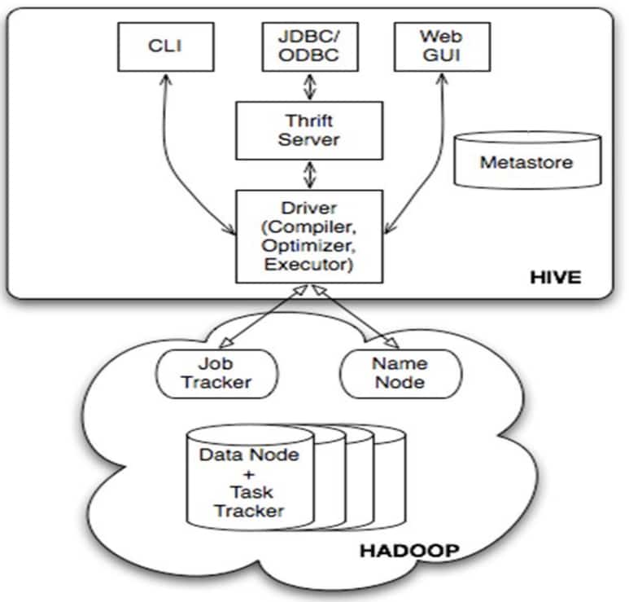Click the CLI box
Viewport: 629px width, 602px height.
(x=166, y=47)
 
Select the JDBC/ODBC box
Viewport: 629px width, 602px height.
(x=310, y=47)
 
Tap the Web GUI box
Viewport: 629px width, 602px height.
(x=442, y=47)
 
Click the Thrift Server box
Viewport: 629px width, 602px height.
(x=309, y=130)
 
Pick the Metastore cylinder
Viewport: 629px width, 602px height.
(x=527, y=160)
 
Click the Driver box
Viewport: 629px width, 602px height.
(x=309, y=236)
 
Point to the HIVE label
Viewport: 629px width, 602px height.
(x=556, y=278)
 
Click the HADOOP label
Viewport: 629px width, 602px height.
(x=409, y=551)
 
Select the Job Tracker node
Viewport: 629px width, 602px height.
(x=216, y=374)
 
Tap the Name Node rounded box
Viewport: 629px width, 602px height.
(x=400, y=374)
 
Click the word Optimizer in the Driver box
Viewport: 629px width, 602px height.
(x=308, y=245)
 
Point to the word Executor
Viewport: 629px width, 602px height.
(x=308, y=265)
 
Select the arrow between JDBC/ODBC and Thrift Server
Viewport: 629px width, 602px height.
(x=310, y=86)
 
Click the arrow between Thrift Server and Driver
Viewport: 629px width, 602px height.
(x=310, y=175)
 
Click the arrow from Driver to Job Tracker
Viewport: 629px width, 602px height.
(x=264, y=316)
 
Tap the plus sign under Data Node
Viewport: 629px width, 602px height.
(x=249, y=474)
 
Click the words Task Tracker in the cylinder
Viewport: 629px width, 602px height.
(x=251, y=502)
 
